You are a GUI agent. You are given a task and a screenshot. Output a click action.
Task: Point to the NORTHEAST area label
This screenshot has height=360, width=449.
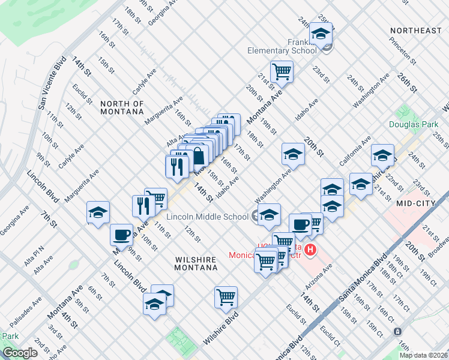pyautogui.click(x=415, y=31)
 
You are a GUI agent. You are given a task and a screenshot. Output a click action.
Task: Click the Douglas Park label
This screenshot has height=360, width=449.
pyautogui.click(x=413, y=124)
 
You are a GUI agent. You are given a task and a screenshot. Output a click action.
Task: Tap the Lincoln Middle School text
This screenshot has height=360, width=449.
pyautogui.click(x=207, y=217)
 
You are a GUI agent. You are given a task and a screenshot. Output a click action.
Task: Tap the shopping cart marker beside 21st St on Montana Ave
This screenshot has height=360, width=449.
pyautogui.click(x=281, y=72)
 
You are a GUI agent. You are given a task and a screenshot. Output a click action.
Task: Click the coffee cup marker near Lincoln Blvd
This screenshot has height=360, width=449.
pyautogui.click(x=121, y=235)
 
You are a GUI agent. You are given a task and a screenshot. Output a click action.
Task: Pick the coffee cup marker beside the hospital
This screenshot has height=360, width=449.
pyautogui.click(x=300, y=225)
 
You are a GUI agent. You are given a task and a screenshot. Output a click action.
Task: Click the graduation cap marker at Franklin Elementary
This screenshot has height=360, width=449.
pyautogui.click(x=321, y=34)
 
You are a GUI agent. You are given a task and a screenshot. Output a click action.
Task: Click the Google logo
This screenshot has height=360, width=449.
pyautogui.click(x=20, y=353)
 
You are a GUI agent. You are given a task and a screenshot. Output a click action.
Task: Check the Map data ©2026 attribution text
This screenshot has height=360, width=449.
pyautogui.click(x=423, y=355)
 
